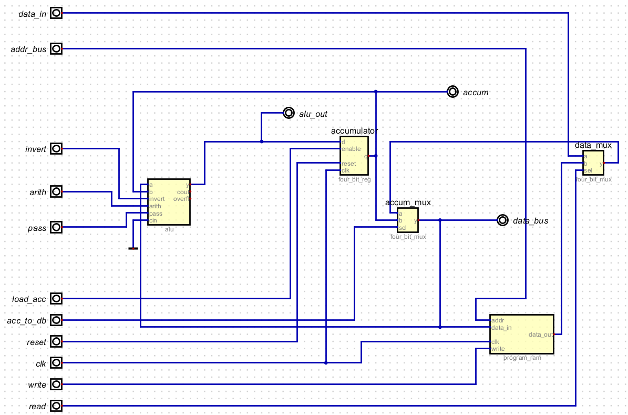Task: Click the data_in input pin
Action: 56,13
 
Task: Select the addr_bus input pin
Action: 56,49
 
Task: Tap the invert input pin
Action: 56,149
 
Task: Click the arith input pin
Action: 56,192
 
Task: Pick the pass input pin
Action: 56,227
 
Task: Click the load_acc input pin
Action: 56,299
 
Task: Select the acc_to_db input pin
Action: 56,320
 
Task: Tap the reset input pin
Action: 56,342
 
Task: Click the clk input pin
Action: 56,363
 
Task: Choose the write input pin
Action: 56,384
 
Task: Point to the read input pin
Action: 56,406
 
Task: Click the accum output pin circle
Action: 452,92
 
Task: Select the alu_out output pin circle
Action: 289,113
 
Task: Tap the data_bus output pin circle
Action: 502,220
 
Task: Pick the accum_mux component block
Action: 408,220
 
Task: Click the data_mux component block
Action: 593,163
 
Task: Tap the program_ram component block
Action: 521,334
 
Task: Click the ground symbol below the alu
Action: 133,248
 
